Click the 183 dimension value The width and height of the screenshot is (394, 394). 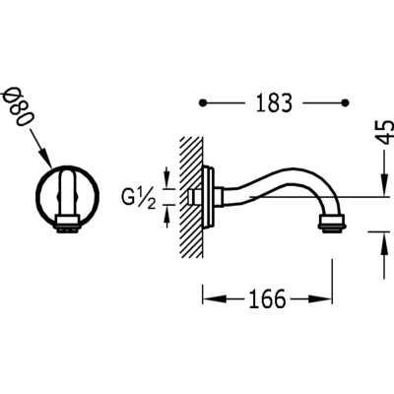pos(274,103)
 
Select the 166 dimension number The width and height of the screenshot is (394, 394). pos(267,298)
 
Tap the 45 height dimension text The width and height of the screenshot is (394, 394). pos(385,132)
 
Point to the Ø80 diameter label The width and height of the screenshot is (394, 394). pos(19,105)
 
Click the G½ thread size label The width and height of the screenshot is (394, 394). pos(139,198)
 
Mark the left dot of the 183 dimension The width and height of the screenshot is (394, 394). pos(203,103)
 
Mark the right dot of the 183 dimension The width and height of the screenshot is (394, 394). pos(345,103)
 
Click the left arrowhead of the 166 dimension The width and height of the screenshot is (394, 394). pos(215,298)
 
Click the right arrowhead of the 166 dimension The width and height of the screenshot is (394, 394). pos(320,298)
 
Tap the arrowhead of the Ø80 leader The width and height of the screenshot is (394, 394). pos(46,159)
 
